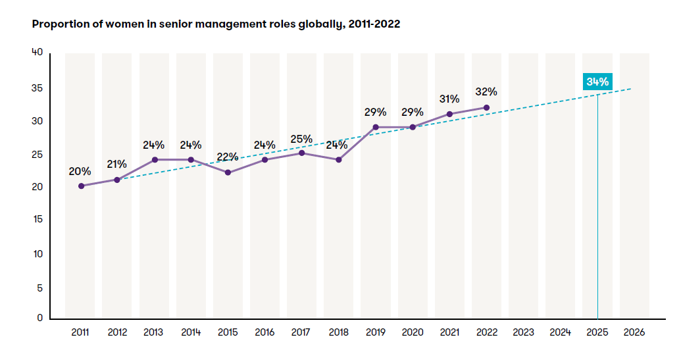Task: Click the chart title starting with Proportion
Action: coord(216,24)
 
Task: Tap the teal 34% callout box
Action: coord(597,82)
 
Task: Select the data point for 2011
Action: coord(81,186)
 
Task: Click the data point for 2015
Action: coord(228,172)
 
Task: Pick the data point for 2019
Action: coord(376,127)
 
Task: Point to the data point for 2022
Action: coord(486,107)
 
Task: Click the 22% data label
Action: coord(228,157)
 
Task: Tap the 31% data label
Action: coord(449,99)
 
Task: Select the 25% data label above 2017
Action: coord(301,139)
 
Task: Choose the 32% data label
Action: coord(486,91)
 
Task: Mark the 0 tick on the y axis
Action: coord(39,318)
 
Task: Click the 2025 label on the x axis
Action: coord(597,333)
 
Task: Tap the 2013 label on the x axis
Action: coord(154,333)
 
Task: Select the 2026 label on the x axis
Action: coord(634,333)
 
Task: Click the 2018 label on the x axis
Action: coord(338,333)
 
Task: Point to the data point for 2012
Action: coord(117,180)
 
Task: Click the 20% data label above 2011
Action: coord(80,171)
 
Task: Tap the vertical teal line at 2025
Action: coord(597,211)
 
